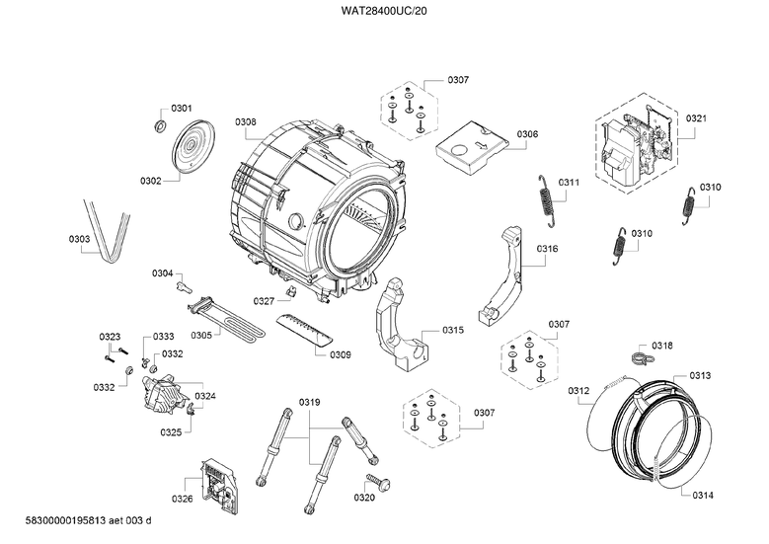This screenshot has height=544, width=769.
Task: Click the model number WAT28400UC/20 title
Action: [x=384, y=10]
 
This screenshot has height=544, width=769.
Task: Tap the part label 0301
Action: [x=182, y=109]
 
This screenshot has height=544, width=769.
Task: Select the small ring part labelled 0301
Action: [x=160, y=125]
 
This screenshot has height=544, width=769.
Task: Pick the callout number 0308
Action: [x=245, y=122]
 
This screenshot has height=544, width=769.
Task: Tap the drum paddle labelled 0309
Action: [x=305, y=330]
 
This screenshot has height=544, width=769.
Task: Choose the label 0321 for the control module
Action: [x=696, y=118]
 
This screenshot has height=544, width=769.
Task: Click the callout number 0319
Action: [x=309, y=402]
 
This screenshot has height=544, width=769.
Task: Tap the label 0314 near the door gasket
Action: [x=703, y=496]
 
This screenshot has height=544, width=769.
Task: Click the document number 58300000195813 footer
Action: [x=65, y=520]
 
